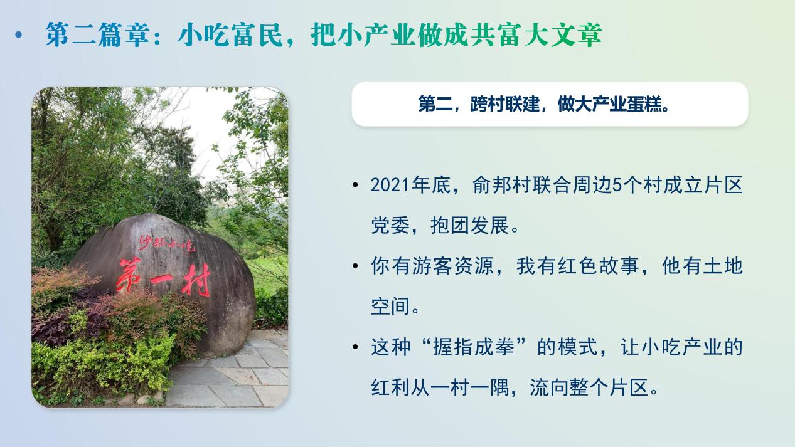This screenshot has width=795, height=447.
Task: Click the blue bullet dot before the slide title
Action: pos(19,34)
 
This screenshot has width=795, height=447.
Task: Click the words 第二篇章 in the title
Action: pos(97,34)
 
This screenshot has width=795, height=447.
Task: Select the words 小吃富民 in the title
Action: pos(230,34)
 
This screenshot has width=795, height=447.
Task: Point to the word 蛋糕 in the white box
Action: pos(644,104)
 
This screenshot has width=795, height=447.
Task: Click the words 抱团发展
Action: pos(469,225)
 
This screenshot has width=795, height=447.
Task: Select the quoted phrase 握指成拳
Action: pos(474,347)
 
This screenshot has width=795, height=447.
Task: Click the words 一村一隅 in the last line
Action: pos(469,387)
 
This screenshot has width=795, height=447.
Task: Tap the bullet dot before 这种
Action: pos(356,347)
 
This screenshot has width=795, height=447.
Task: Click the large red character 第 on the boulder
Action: pos(129,275)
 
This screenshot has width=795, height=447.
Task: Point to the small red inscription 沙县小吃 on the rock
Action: pos(167,243)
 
